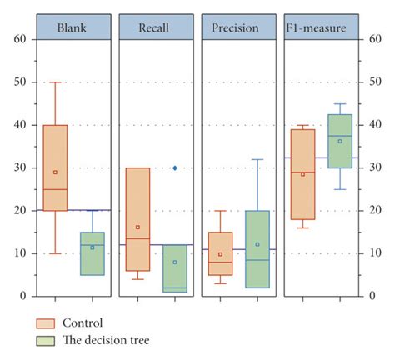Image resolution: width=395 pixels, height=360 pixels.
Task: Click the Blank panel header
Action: [x=72, y=27]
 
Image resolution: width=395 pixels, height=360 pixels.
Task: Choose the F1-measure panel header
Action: [x=321, y=27]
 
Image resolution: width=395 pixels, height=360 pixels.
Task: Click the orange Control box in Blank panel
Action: [x=55, y=167]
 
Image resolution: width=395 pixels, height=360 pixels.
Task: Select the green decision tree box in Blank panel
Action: [x=92, y=253]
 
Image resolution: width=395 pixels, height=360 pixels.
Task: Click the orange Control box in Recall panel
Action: [x=137, y=219]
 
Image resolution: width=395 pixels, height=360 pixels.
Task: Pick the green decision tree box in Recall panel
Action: [x=175, y=268]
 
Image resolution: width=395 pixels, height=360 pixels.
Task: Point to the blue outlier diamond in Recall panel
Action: [x=175, y=167]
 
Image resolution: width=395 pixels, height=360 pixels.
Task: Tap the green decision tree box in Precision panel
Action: [x=257, y=248]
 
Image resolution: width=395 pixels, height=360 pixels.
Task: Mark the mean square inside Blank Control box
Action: [x=55, y=172]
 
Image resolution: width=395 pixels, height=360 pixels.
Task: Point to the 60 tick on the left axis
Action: [x=20, y=39]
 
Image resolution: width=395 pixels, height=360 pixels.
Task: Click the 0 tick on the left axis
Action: [x=23, y=296]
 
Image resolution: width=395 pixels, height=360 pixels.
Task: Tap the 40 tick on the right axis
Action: [x=372, y=125]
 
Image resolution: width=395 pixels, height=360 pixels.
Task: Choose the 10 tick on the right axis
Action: [x=372, y=253]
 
